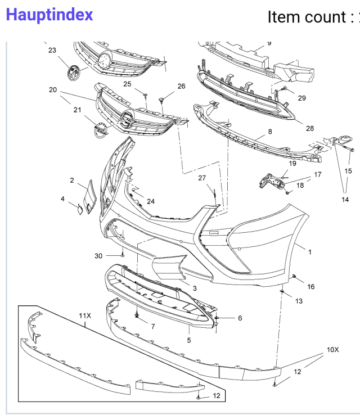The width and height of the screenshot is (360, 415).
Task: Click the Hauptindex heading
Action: [x=49, y=15]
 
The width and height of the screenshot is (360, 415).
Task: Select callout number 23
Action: [x=52, y=50]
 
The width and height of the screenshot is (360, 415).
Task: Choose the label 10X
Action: [x=332, y=349]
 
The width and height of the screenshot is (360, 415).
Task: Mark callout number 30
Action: [x=98, y=255]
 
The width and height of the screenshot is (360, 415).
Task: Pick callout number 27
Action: [x=202, y=178]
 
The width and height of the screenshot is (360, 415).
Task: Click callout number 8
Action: [x=270, y=132]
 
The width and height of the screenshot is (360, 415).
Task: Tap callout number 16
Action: [x=310, y=287]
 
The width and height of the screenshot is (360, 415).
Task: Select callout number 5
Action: [x=189, y=340]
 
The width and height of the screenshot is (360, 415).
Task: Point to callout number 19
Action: [x=292, y=164]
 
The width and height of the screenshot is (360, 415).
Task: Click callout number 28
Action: [x=309, y=128]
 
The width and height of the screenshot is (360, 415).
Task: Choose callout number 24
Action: [x=151, y=201]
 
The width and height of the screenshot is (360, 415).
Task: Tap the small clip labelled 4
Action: [x=80, y=210]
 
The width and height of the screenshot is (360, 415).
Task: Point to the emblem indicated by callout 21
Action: [x=100, y=129]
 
